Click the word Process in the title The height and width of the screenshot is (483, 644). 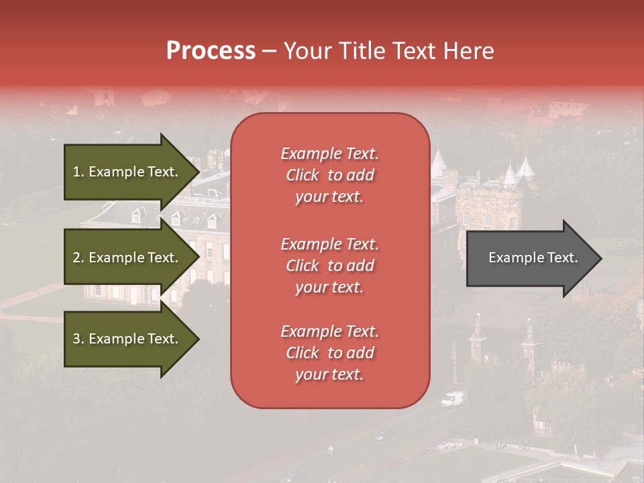coord(211,51)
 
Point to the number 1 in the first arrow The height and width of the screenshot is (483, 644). coord(76,172)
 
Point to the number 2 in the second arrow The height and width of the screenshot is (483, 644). coord(76,258)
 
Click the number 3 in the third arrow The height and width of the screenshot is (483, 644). coord(76,339)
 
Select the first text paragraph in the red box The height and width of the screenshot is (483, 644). coord(329,175)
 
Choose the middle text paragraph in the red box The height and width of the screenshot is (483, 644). coord(329,266)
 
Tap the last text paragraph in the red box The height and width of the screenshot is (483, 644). coord(329,353)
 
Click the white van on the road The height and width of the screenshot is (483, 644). coord(452,399)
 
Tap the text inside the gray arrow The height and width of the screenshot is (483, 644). coord(533,258)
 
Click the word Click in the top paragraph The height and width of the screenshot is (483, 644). coord(303,175)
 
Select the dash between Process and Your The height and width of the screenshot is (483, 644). coord(269,52)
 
